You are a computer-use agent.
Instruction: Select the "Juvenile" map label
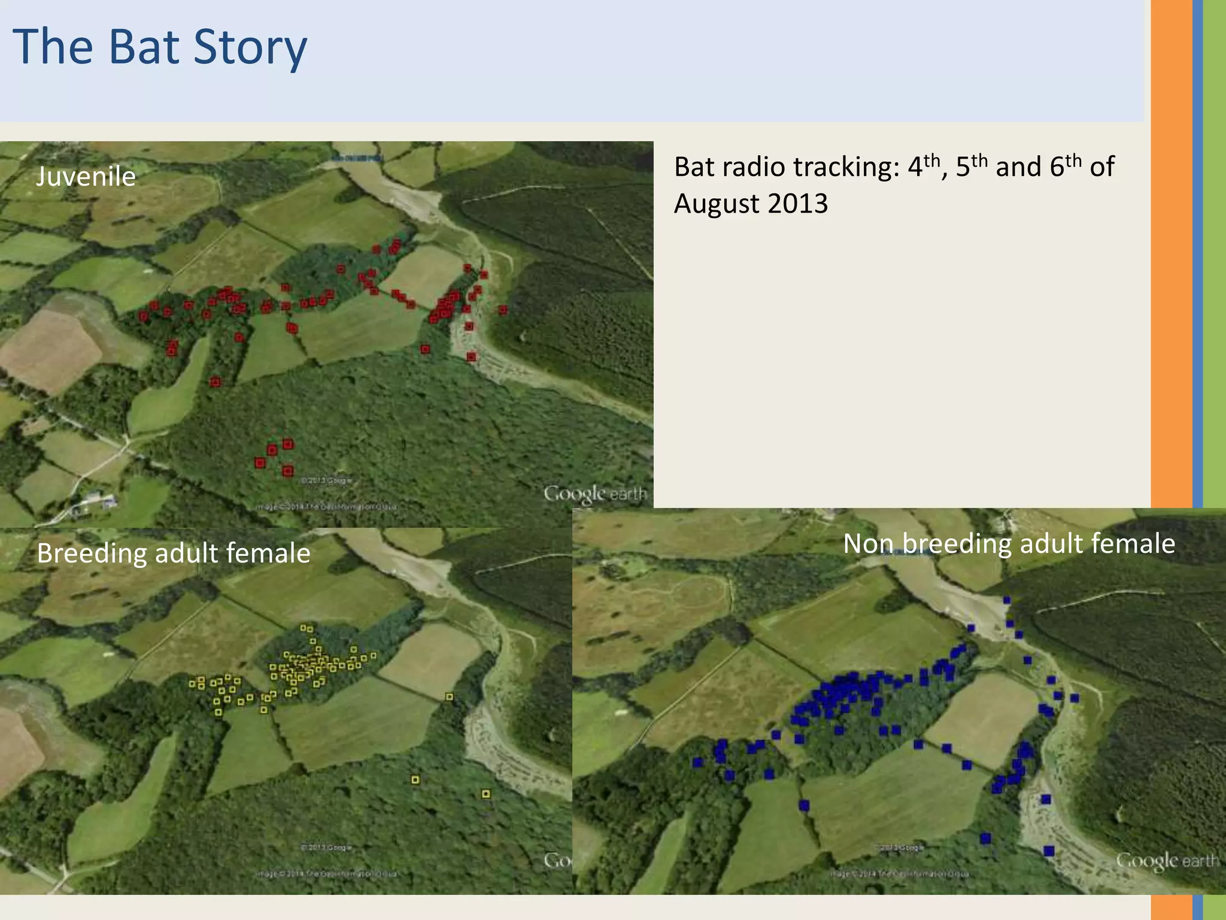[86, 177]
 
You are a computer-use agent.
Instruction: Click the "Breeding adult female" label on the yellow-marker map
[174, 553]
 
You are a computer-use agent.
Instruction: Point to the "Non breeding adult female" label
[1009, 544]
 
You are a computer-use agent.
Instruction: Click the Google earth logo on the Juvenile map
[595, 494]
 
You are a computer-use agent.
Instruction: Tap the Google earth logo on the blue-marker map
[1167, 861]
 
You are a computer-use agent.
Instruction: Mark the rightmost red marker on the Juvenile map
[503, 310]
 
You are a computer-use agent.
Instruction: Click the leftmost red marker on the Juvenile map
[143, 316]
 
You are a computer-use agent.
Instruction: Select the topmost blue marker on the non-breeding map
[1007, 600]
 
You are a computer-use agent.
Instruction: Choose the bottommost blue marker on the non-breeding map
[1049, 851]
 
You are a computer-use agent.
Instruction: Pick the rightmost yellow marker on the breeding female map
[486, 794]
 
